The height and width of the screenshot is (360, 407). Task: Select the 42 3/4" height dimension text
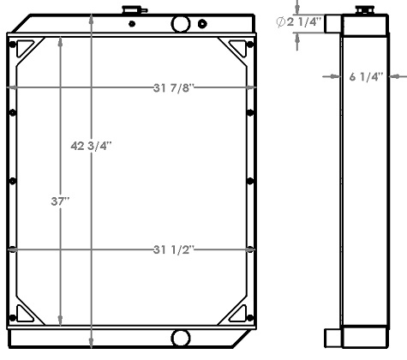[92, 146]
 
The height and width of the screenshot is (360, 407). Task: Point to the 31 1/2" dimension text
[168, 249]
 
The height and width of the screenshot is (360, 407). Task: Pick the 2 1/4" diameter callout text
[308, 22]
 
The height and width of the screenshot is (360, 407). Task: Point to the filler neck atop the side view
[362, 11]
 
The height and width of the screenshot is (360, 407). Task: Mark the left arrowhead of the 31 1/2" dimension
[17, 249]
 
